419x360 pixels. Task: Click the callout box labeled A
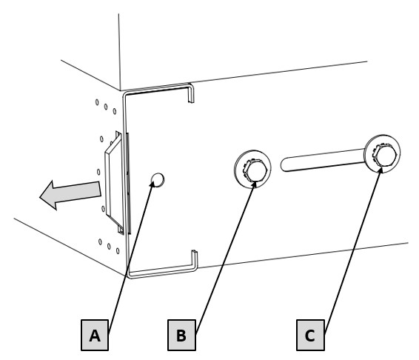pos(95,335)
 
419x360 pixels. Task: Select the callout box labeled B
pos(181,335)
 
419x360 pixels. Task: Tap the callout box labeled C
pos(310,335)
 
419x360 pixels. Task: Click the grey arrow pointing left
pos(70,195)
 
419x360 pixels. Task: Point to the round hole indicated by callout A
pos(158,179)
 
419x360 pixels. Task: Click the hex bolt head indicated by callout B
pos(255,170)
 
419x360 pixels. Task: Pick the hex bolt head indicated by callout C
pos(384,155)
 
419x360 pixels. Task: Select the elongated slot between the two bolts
pos(323,160)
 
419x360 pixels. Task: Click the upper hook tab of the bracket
pos(190,93)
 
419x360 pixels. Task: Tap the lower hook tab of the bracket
pos(195,260)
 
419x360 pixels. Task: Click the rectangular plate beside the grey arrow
pos(113,182)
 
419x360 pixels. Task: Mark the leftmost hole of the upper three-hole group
pos(97,102)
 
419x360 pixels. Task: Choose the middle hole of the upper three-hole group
pos(106,107)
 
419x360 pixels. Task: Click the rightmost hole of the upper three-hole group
pos(115,111)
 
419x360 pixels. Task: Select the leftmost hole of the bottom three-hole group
pos(100,241)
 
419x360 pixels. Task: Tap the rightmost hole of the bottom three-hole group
pos(118,251)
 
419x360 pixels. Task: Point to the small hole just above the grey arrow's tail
pos(98,172)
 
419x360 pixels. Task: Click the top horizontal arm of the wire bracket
pos(158,89)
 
